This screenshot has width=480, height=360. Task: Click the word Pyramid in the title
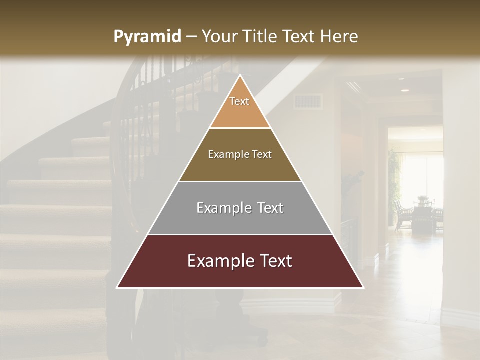click(147, 37)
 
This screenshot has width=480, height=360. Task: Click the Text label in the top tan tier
click(239, 101)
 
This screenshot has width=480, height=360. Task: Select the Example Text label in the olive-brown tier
click(240, 155)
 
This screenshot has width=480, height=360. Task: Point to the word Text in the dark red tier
click(273, 261)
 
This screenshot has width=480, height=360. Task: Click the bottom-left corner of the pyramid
click(117, 287)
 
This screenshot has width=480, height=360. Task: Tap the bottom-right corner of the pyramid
click(363, 287)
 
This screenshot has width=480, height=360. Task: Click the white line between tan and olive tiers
click(240, 128)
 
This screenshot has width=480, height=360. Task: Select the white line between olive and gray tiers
click(240, 181)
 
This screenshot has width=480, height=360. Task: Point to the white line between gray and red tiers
click(240, 234)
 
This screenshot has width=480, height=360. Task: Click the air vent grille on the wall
click(308, 102)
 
